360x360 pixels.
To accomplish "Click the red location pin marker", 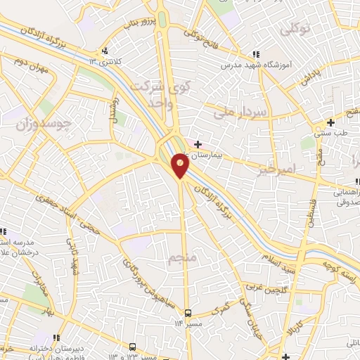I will pos(181,165).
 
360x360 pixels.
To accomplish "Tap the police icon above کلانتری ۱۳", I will pos(105,51).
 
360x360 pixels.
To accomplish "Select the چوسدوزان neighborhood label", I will pos(44,124).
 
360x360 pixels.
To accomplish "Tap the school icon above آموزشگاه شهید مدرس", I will pos(257,55).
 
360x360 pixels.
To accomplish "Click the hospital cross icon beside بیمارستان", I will pos(198,144).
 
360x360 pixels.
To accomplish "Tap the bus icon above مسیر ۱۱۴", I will pos(188,311).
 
